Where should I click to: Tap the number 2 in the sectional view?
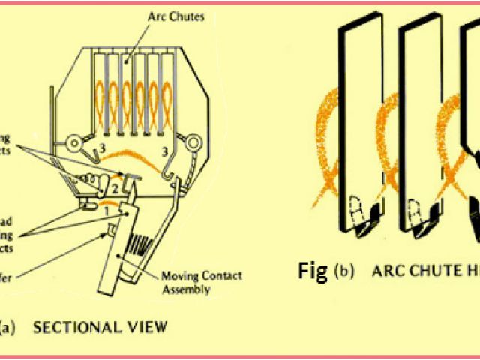coord(116,186)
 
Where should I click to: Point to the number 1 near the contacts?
coord(106,211)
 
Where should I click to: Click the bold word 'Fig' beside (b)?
coord(313,271)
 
